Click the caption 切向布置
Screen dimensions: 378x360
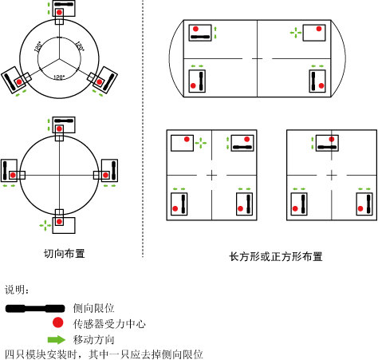[x=65, y=254]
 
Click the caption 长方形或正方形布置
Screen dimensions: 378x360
[x=276, y=257]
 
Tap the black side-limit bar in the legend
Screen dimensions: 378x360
[x=35, y=308]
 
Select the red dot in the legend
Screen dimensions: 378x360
[x=57, y=322]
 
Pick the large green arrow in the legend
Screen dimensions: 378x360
[x=57, y=339]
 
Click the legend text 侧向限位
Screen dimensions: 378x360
[x=93, y=308]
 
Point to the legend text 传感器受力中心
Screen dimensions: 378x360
[x=109, y=324]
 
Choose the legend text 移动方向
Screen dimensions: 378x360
[x=93, y=340]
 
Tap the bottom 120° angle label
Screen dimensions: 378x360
[x=59, y=77]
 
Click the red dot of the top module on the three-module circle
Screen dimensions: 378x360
[x=59, y=12]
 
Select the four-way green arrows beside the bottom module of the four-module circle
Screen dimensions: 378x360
[x=45, y=225]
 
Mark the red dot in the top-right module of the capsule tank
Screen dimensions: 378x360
[x=319, y=29]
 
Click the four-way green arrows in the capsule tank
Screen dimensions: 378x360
[x=296, y=33]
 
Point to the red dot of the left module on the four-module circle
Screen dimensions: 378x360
[x=13, y=175]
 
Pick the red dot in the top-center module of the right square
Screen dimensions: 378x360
[x=332, y=139]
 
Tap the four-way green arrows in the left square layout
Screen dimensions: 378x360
[x=201, y=143]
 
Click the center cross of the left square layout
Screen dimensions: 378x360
[x=211, y=175]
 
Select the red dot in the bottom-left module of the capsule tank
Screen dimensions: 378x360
[x=193, y=85]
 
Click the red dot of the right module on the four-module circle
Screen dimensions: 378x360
[x=105, y=175]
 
